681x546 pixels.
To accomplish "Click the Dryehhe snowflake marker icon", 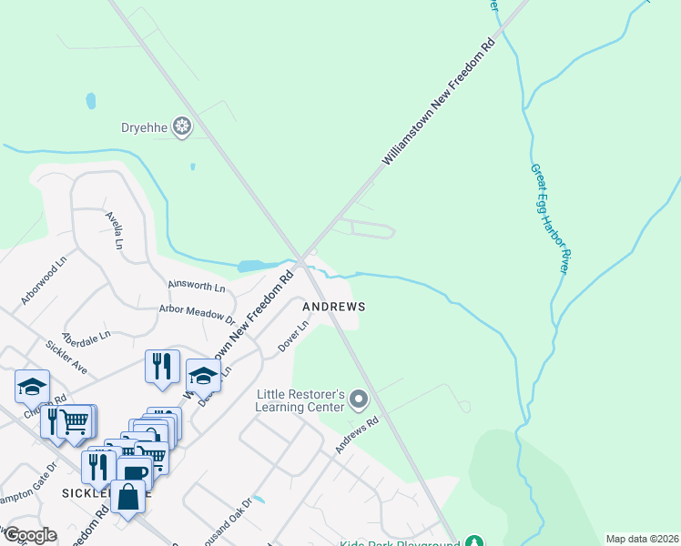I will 183,127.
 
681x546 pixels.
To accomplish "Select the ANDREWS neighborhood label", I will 334,308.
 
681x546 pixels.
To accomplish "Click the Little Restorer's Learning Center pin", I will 359,399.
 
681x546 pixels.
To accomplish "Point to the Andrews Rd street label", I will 356,437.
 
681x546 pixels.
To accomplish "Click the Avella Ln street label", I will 114,232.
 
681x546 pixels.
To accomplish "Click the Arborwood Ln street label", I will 45,280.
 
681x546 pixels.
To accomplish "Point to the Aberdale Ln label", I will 86,334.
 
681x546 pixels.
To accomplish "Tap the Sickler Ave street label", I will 66,358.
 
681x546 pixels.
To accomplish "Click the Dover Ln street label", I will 289,340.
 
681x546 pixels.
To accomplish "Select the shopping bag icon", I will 128,497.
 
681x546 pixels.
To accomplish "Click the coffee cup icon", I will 134,473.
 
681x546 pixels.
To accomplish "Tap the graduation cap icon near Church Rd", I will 32,386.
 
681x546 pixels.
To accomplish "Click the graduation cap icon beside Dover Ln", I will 203,374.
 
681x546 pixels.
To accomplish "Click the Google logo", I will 29,535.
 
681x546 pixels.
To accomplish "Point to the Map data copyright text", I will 641,539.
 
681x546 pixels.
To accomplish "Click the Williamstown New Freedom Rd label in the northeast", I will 438,102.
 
